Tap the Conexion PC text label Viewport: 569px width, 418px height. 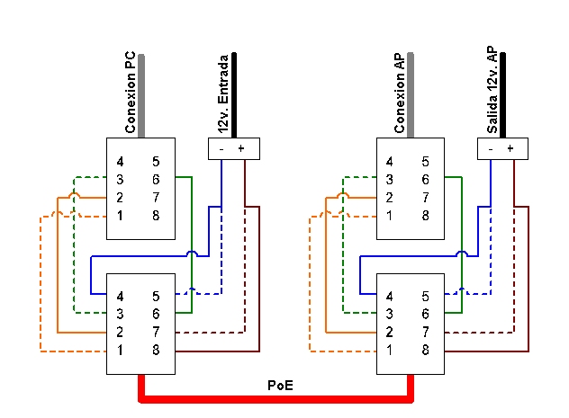(x=131, y=93)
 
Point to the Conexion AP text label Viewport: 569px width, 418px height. (x=401, y=93)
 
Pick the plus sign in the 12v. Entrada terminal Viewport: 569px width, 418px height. (x=240, y=147)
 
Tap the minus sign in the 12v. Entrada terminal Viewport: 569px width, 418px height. (x=221, y=147)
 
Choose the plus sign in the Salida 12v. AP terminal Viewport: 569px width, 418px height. (x=510, y=147)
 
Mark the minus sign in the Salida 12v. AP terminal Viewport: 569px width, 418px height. (x=491, y=147)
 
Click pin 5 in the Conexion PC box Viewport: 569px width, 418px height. (x=156, y=162)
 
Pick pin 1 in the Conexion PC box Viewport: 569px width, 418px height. (x=120, y=216)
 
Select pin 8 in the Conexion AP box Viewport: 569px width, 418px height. (x=426, y=216)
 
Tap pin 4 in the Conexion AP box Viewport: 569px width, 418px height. (x=390, y=162)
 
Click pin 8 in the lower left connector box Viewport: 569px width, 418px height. (x=156, y=349)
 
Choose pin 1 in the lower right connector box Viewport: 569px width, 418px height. (x=390, y=349)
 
